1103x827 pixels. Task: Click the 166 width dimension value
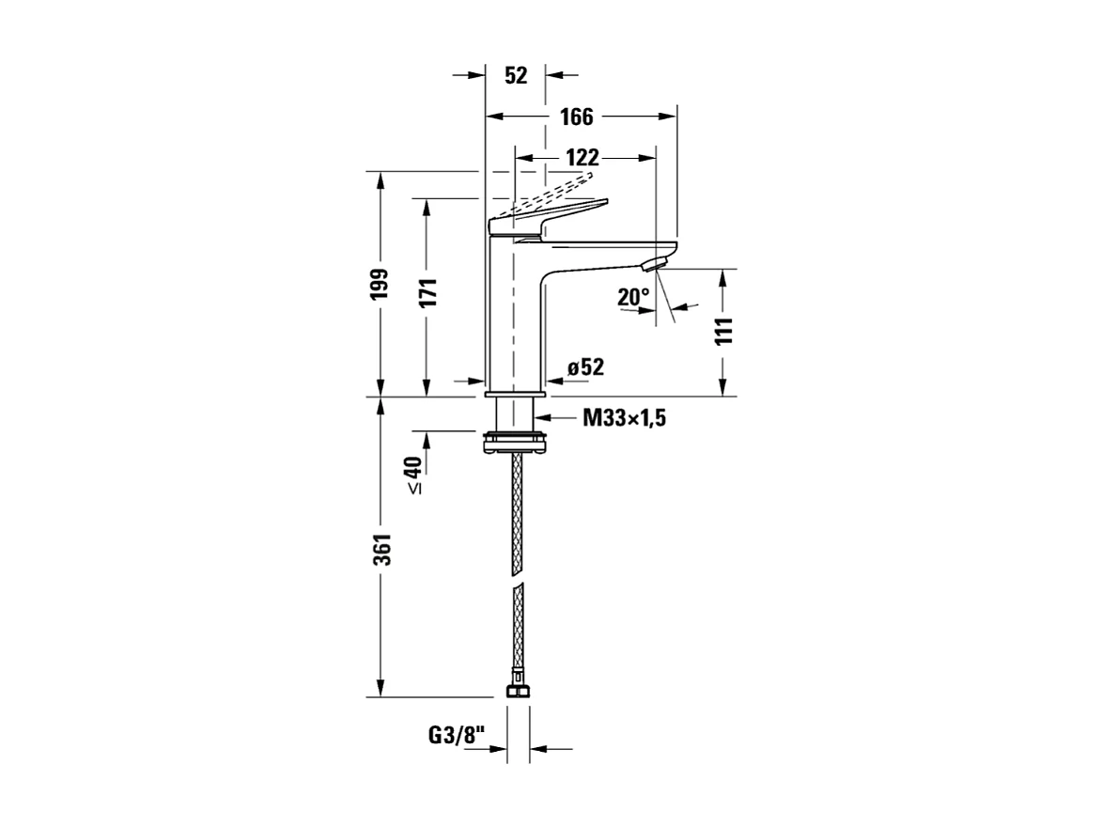coord(577,117)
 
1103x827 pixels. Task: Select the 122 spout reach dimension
coord(582,157)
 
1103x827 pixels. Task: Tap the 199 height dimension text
coord(379,284)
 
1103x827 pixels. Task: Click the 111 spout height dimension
coord(722,332)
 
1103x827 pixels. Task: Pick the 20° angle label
coord(633,298)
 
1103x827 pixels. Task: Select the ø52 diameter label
coord(584,367)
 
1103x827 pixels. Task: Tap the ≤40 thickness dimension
coord(413,475)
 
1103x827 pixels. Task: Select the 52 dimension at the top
coord(516,76)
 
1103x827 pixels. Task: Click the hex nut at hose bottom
coord(516,691)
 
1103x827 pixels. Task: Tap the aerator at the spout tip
coord(660,260)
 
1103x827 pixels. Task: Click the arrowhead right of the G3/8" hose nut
coord(538,749)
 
